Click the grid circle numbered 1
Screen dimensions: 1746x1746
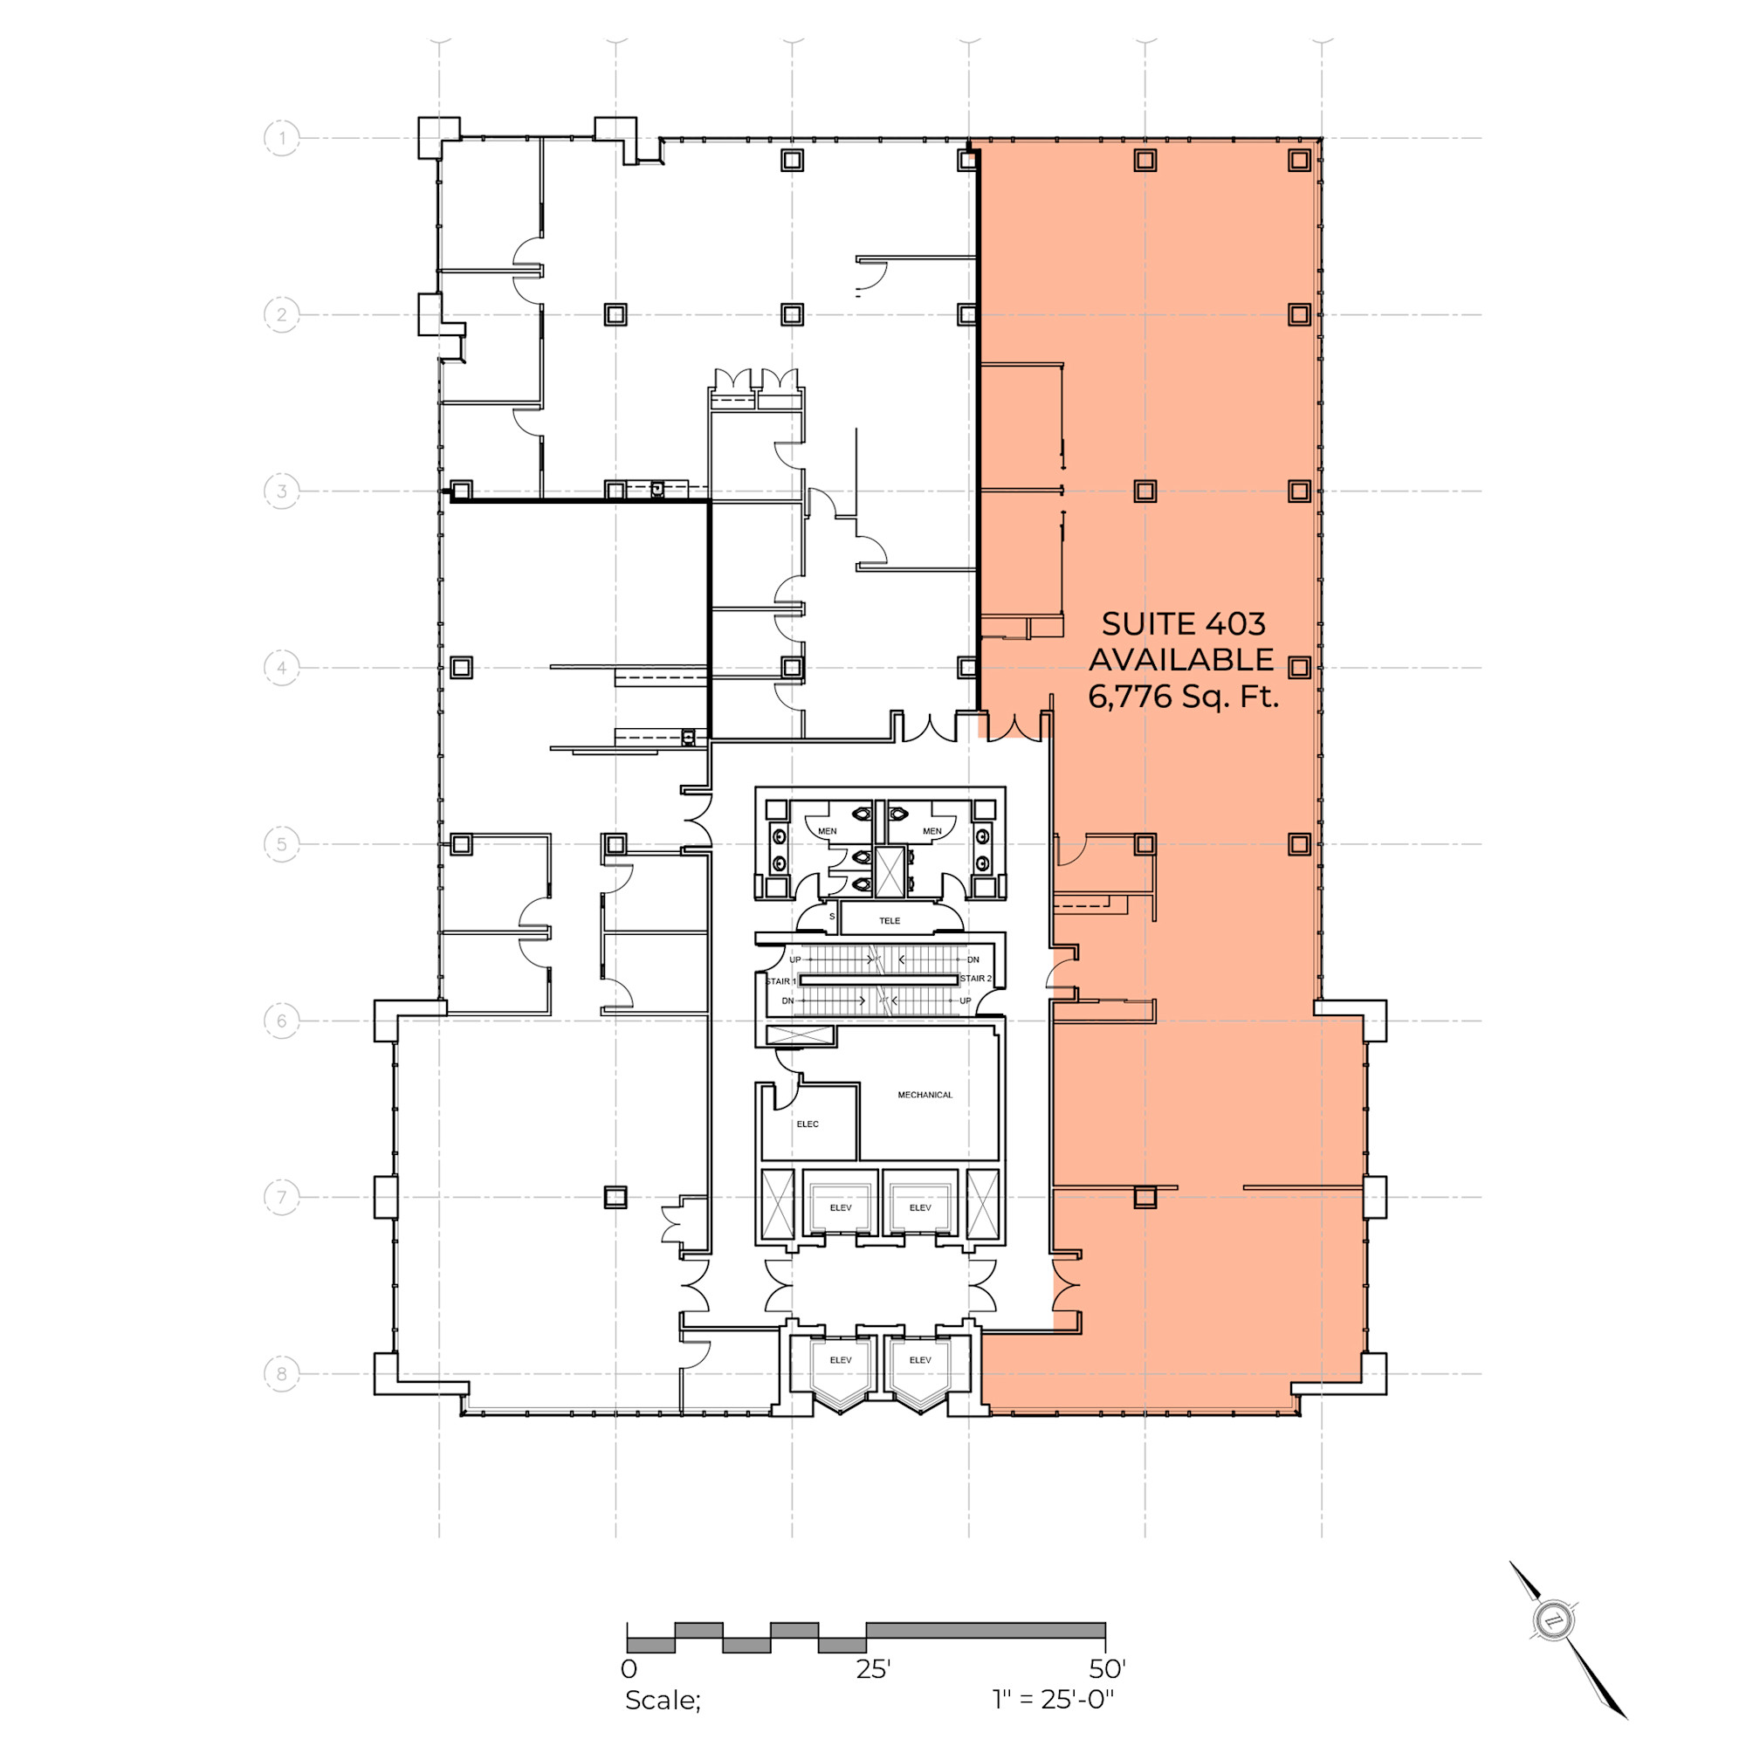[282, 138]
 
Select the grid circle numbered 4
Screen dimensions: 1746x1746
[282, 668]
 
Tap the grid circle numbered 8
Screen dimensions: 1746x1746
[282, 1373]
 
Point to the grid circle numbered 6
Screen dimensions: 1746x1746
[282, 1021]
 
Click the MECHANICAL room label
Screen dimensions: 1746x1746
[925, 1095]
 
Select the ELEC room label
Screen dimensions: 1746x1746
[807, 1124]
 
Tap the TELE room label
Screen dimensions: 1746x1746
[890, 921]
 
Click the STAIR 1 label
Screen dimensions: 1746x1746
[780, 981]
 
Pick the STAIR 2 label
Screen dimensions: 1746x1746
[975, 979]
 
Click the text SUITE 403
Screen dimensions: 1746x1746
[1183, 623]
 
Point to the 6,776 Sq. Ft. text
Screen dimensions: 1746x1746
[1183, 697]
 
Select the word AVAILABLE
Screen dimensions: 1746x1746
[1181, 660]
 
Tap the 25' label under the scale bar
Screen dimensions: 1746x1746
[873, 1669]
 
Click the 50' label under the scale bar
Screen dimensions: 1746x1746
[1107, 1668]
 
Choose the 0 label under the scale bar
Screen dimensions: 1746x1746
[629, 1669]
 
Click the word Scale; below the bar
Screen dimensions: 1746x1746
[663, 1701]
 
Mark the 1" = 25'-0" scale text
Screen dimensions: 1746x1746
[1053, 1700]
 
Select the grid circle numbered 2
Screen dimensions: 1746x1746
[282, 314]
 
